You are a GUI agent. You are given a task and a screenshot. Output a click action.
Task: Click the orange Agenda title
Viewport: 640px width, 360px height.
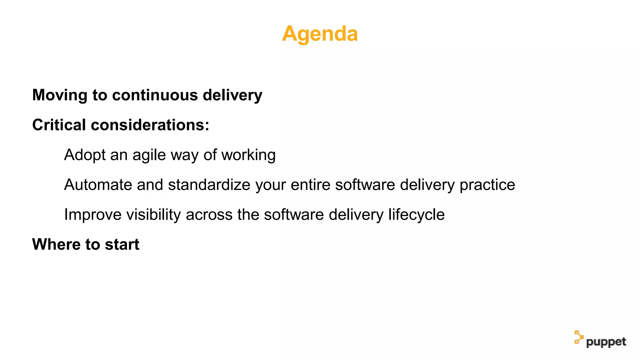pos(320,34)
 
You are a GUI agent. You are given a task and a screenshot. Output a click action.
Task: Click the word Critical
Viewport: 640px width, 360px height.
pos(59,125)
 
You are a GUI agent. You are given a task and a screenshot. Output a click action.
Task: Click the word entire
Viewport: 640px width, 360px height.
pos(310,185)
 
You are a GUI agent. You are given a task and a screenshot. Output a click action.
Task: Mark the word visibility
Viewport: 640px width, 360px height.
pos(153,215)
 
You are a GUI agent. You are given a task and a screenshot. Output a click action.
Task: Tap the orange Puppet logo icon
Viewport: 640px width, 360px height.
pos(578,337)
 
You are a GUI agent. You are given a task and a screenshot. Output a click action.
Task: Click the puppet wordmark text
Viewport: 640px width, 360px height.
pos(606,342)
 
